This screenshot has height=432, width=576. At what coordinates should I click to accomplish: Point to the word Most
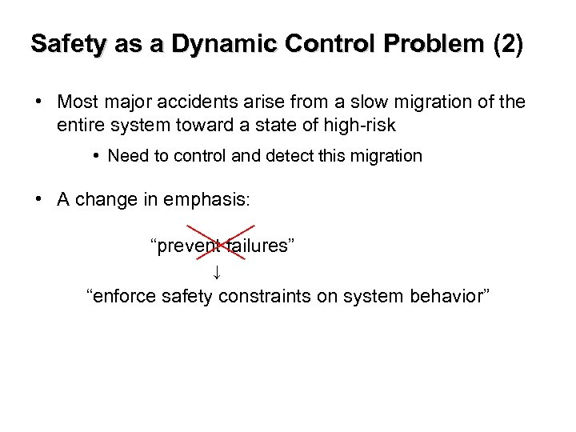tap(77, 103)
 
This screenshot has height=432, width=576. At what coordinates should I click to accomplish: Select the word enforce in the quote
tap(125, 297)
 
